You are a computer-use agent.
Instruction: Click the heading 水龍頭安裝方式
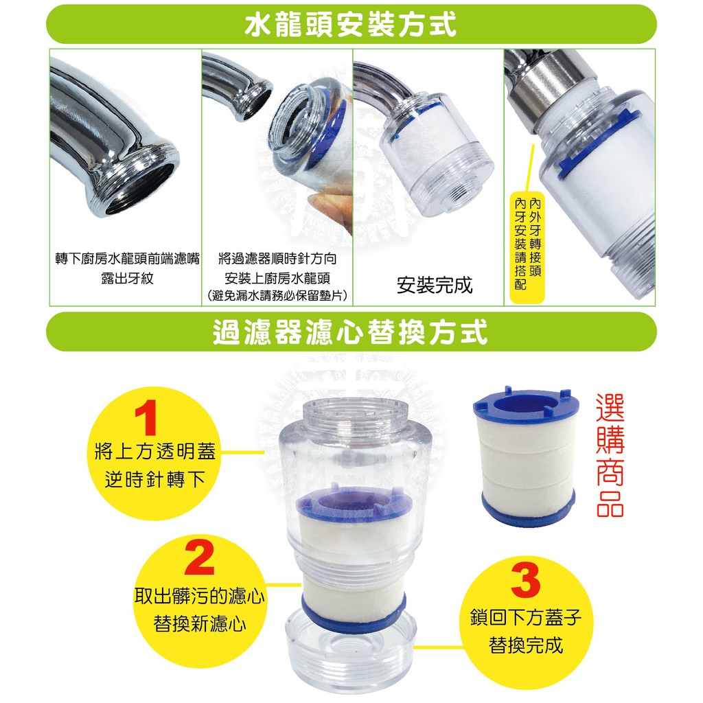coord(351,24)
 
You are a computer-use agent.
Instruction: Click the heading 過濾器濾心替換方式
coord(350,332)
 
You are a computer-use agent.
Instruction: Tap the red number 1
coord(146,417)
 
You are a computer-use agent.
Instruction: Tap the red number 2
coord(200,557)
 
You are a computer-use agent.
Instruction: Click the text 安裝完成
coord(435,285)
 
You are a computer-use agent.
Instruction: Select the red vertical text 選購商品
coord(610,455)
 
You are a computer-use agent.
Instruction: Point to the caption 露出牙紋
coord(127,279)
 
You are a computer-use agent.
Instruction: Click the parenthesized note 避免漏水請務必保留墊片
coord(277,296)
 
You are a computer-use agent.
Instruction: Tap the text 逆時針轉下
coord(155,479)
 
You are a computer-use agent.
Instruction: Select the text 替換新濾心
coord(200,623)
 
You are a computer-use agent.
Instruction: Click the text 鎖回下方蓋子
coord(526,617)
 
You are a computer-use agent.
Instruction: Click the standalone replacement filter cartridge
coord(525,456)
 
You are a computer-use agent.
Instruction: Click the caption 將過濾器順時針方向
coord(277,259)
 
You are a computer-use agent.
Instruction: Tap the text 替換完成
coord(526,645)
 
